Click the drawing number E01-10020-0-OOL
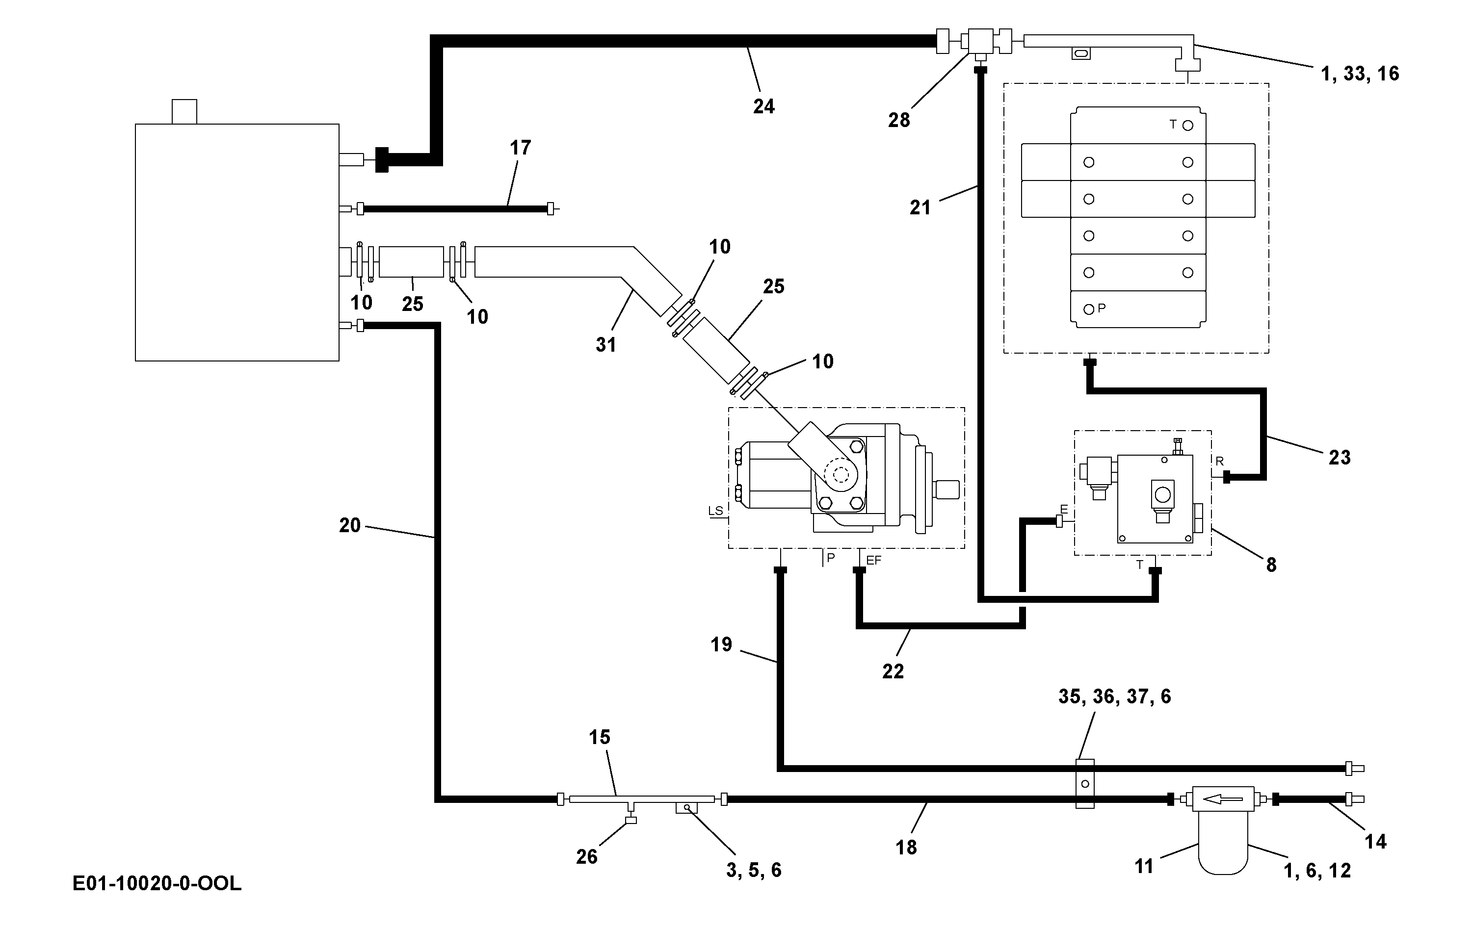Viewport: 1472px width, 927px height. [x=157, y=884]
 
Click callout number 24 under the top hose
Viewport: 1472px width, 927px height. [x=763, y=106]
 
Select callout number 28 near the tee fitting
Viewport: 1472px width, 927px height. [x=898, y=120]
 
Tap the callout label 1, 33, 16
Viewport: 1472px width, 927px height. [x=1360, y=74]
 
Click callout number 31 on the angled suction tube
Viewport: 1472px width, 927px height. [x=606, y=345]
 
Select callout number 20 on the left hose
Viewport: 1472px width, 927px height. [x=350, y=525]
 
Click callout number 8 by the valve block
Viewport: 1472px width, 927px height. [x=1271, y=565]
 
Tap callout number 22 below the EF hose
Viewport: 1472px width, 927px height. [x=893, y=671]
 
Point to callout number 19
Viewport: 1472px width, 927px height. [x=721, y=644]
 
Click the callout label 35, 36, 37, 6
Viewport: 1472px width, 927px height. [x=1114, y=696]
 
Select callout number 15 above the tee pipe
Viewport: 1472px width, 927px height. [x=599, y=737]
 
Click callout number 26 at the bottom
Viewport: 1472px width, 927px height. [x=586, y=857]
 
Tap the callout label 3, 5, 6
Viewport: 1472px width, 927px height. [x=754, y=870]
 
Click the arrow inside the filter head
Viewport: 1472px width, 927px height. [x=1223, y=798]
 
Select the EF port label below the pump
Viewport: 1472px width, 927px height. [x=873, y=560]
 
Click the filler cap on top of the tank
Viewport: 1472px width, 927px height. [x=184, y=112]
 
